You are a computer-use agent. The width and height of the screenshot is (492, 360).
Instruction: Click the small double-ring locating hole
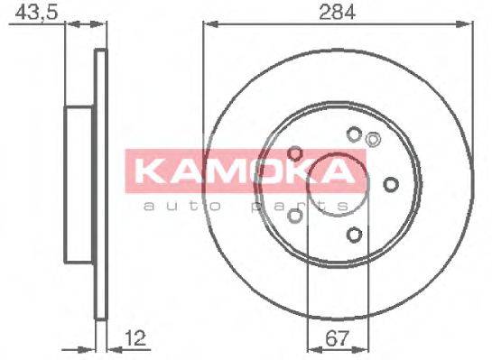tap(374, 138)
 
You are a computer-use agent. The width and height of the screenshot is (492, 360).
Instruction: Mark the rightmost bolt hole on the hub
tap(390, 185)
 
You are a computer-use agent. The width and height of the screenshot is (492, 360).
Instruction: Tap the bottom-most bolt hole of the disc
tap(354, 235)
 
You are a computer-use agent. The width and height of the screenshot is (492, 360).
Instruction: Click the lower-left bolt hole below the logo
tap(294, 216)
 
